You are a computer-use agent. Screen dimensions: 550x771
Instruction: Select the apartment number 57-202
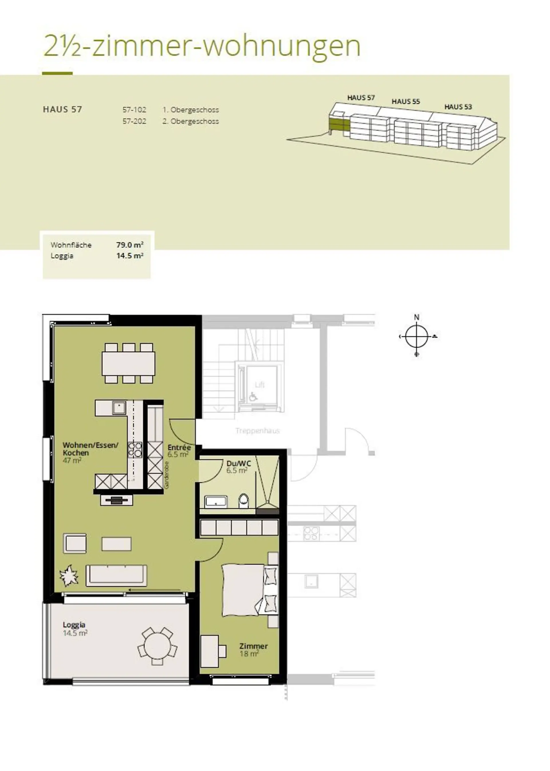134,121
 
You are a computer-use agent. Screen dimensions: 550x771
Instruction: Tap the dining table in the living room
129,363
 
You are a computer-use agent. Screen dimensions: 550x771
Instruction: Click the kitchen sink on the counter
119,408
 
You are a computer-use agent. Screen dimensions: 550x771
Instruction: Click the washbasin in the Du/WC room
217,501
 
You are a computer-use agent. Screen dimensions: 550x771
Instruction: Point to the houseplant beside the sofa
69,576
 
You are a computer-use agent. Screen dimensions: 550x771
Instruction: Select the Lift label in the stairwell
260,385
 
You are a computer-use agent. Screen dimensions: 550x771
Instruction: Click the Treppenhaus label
258,431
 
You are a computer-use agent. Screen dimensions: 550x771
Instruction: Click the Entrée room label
179,447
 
